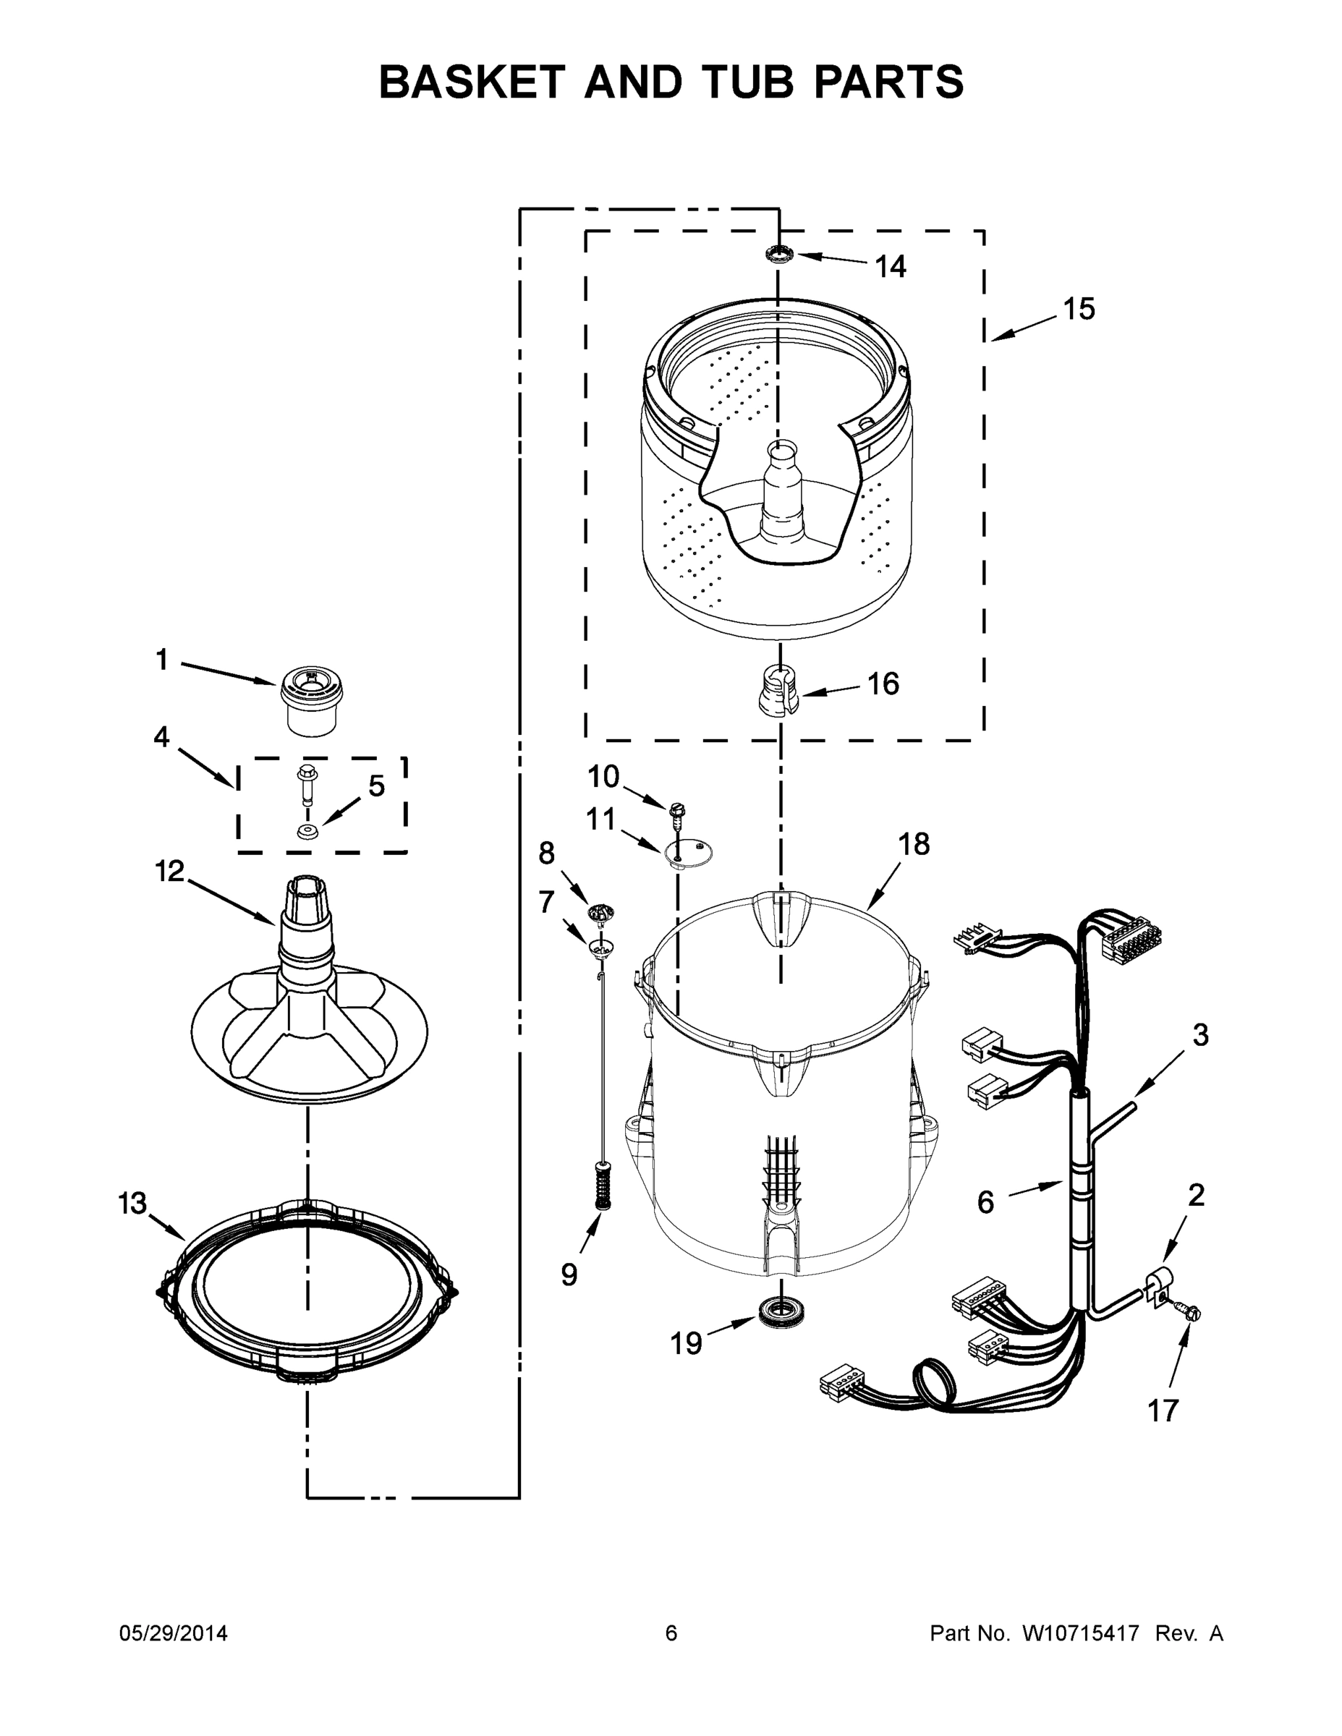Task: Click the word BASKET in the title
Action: click(472, 82)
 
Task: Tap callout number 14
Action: click(891, 267)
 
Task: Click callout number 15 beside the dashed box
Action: click(1079, 308)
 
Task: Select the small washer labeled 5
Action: click(307, 831)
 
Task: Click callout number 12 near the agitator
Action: click(169, 870)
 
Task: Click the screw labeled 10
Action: click(677, 810)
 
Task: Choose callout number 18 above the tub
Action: click(914, 844)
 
